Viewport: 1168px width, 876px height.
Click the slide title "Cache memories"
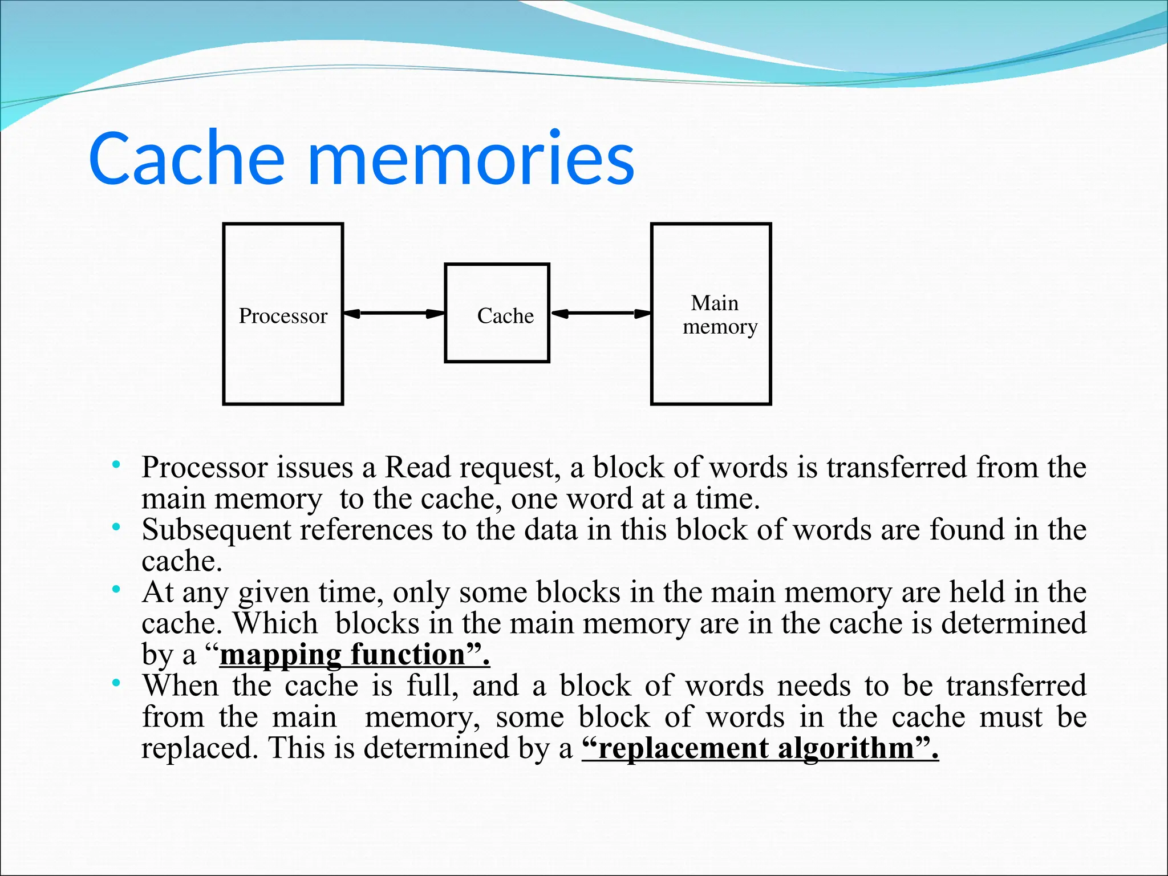coord(362,159)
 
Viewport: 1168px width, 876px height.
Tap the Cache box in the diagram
coord(497,313)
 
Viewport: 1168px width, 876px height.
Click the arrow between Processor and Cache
coord(394,313)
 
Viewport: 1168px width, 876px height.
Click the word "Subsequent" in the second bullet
coord(217,530)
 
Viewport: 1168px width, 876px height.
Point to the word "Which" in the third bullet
coord(275,623)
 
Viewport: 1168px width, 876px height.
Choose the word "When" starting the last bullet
coord(180,686)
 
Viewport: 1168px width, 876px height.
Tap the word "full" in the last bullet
coord(431,686)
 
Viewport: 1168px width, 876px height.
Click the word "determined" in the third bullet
coord(1013,623)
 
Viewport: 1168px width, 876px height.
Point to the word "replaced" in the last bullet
coord(197,748)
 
